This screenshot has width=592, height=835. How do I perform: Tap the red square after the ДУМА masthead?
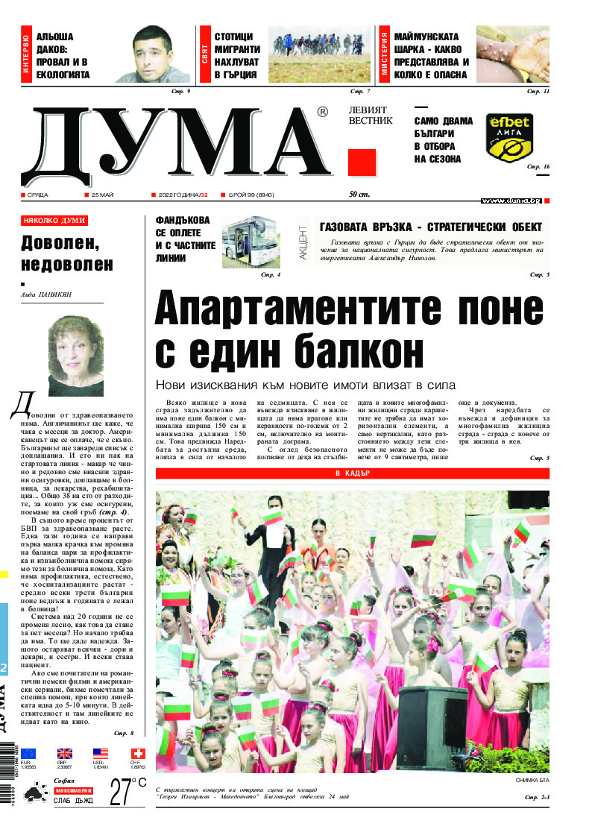point(362,163)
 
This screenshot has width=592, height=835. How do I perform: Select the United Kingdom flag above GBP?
point(65,754)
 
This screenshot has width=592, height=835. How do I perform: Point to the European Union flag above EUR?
point(28,754)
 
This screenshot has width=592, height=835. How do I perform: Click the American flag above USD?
point(101,754)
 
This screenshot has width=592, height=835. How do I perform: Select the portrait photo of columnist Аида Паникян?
point(75,356)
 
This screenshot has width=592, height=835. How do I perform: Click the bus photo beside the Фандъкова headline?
point(251,242)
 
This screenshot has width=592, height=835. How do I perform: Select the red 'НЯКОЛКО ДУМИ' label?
point(54,221)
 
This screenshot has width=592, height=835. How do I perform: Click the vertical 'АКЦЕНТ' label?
point(303,242)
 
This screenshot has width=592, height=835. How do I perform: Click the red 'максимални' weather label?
point(72,790)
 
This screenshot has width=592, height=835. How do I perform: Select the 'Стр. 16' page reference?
point(538,166)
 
